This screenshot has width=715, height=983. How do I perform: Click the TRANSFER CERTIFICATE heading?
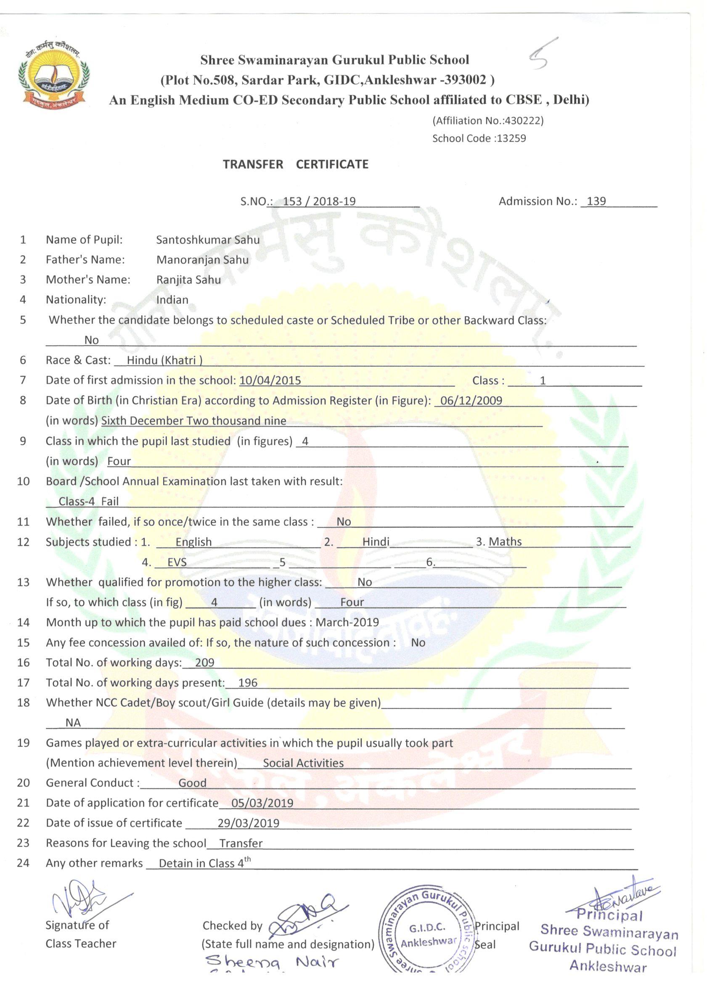click(x=296, y=164)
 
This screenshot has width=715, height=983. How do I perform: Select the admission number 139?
click(x=596, y=201)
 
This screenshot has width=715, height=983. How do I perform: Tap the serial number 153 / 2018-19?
click(x=319, y=201)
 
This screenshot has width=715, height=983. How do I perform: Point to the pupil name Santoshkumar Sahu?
click(x=208, y=240)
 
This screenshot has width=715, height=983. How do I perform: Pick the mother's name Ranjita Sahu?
click(x=188, y=280)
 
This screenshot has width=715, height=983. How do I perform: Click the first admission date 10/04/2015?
click(x=270, y=380)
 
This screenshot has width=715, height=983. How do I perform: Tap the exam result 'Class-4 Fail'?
click(x=88, y=501)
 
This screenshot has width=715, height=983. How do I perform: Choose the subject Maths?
click(x=505, y=542)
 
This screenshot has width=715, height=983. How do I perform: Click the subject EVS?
click(x=177, y=562)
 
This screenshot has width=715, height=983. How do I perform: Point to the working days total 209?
click(x=205, y=662)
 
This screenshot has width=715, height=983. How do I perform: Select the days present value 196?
click(x=248, y=683)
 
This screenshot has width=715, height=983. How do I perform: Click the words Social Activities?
click(x=303, y=763)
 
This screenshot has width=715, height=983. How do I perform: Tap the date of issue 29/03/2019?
click(x=249, y=823)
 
